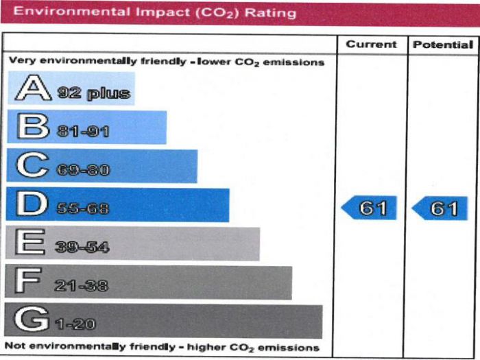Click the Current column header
tap(371, 45)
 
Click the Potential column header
tap(443, 45)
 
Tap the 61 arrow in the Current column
tap(370, 208)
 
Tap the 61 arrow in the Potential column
tap(440, 208)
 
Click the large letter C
tap(32, 167)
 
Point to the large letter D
tap(32, 205)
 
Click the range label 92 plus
tap(94, 93)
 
